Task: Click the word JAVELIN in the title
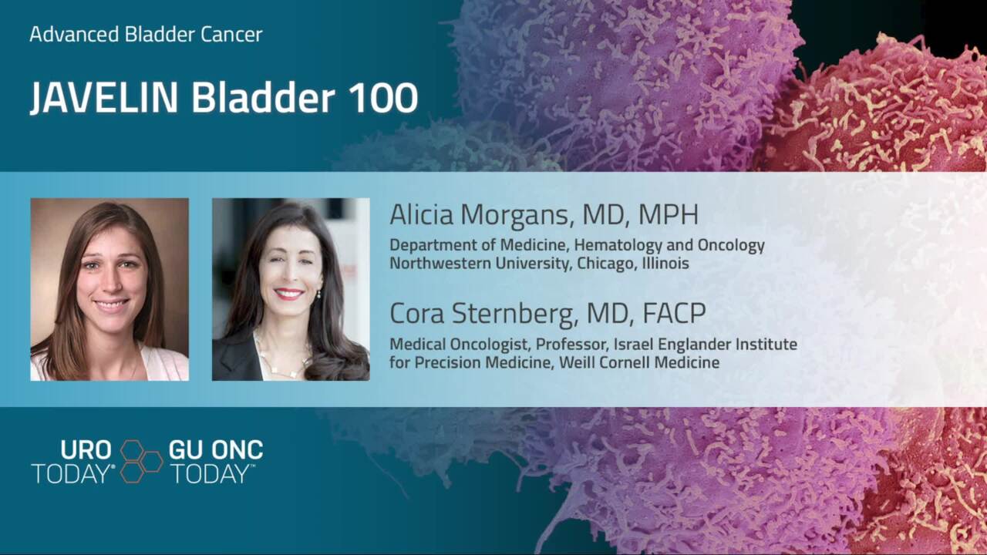104,97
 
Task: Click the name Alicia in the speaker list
422,214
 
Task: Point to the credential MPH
669,214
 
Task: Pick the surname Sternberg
514,313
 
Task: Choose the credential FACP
674,313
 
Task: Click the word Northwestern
440,264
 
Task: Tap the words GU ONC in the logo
216,449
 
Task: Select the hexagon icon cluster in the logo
141,461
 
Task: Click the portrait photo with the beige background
109,289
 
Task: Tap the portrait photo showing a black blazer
291,289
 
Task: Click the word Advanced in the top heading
74,35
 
